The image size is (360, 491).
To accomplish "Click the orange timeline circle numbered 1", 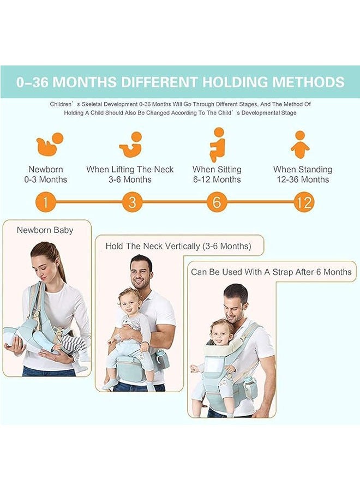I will pos(46,202).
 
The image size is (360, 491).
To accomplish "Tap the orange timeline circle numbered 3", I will pos(131,202).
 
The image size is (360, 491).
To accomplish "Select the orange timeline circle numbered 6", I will pos(217,202).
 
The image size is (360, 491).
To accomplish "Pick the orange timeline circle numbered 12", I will pos(303,202).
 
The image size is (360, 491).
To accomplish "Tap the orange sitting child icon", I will pos(217,144).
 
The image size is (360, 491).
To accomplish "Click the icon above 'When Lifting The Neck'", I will pos(131,145).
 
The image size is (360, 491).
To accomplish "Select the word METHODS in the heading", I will pos(308,82).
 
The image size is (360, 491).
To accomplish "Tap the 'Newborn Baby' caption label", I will pos(45,230).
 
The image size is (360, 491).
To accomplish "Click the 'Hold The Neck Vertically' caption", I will pos(178,246).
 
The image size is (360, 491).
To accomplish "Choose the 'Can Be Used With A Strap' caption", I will pos(271,272).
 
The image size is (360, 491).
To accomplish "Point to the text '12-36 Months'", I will pos(302,179).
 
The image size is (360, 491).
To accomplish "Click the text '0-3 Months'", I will pos(48,179).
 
